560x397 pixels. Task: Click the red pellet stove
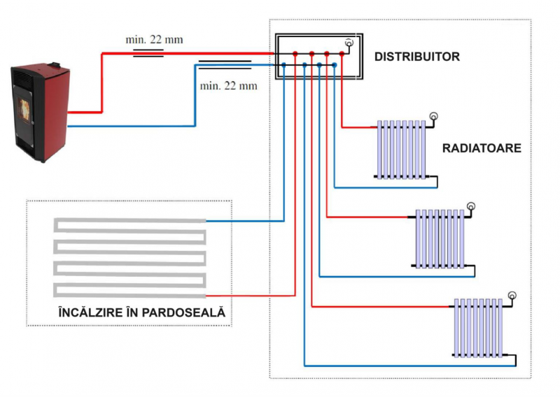(x=39, y=112)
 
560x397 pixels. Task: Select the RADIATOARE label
(x=482, y=149)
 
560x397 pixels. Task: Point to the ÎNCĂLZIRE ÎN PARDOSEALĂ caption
(x=142, y=313)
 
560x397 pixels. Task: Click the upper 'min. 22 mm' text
(x=154, y=39)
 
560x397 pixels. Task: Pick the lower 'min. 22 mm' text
(x=228, y=86)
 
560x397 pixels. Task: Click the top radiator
(x=401, y=150)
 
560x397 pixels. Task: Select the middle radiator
(x=440, y=238)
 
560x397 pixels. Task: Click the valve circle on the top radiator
(x=433, y=116)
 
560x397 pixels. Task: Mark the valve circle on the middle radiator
(x=472, y=205)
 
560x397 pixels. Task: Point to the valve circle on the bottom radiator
(x=512, y=295)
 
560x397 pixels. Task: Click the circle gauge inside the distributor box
(x=349, y=43)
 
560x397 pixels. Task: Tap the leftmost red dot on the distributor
(x=295, y=53)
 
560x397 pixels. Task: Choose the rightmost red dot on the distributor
(x=342, y=53)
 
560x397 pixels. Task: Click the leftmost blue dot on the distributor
(x=283, y=66)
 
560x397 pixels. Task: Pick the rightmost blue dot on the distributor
(x=335, y=66)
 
